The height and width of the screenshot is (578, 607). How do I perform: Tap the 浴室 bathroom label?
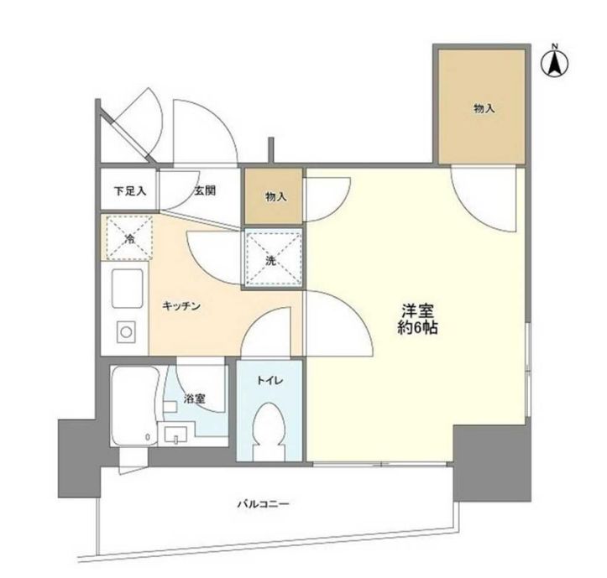pyautogui.click(x=195, y=398)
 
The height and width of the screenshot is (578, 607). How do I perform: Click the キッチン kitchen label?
pyautogui.click(x=181, y=307)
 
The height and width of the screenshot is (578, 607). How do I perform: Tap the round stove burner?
pyautogui.click(x=125, y=332)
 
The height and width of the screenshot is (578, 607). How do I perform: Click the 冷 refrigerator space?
pyautogui.click(x=129, y=237)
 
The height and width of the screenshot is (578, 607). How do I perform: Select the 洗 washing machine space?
pyautogui.click(x=271, y=258)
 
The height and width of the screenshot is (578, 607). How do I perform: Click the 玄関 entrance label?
pyautogui.click(x=206, y=191)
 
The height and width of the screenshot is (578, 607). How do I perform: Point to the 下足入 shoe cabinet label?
pyautogui.click(x=130, y=191)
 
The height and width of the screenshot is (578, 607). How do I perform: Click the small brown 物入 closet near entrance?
pyautogui.click(x=275, y=197)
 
